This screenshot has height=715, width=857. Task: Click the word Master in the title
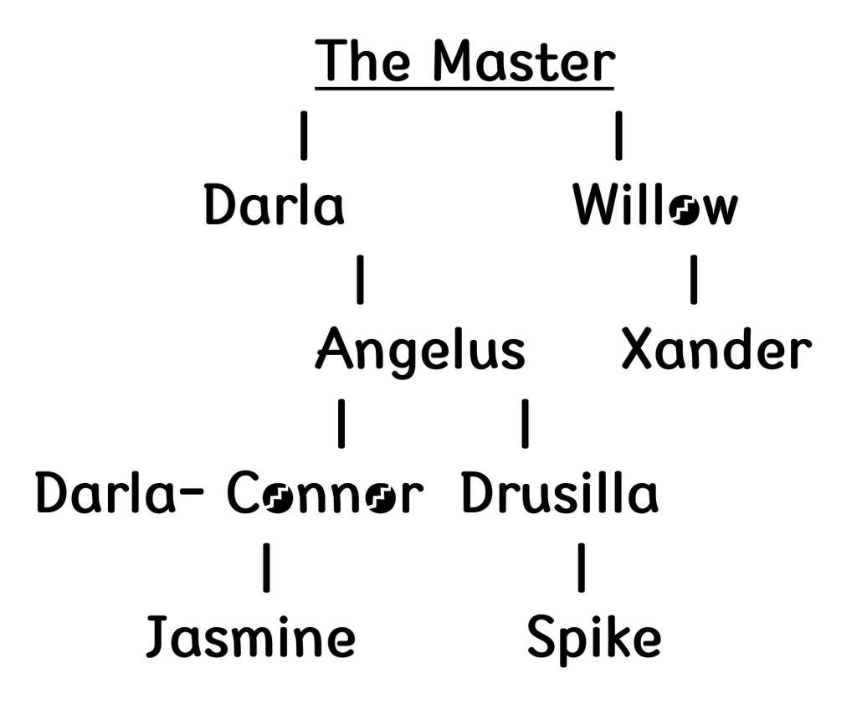(524, 61)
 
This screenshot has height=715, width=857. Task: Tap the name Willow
(655, 206)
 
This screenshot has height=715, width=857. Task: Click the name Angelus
(421, 350)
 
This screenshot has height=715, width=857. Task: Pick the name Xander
(716, 350)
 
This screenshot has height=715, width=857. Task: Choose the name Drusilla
(560, 494)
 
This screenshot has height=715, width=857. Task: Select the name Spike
(593, 638)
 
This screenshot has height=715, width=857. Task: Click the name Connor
(325, 495)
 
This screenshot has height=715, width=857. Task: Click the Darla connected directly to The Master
(274, 206)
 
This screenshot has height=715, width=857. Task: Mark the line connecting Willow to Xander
(694, 280)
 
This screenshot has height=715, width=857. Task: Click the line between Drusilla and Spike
(581, 568)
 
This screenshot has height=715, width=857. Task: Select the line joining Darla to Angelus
(360, 280)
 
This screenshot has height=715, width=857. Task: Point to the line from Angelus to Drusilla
(525, 424)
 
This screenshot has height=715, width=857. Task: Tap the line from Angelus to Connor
(341, 424)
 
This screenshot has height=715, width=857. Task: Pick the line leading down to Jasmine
(266, 568)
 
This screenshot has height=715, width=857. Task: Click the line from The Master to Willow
(618, 136)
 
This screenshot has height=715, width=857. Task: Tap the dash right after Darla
(192, 493)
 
